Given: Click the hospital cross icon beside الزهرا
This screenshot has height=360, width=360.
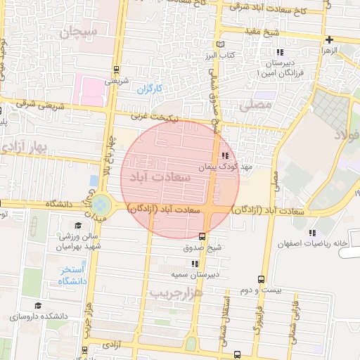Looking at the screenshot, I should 329,39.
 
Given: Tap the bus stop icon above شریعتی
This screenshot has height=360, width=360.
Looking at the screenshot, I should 115,70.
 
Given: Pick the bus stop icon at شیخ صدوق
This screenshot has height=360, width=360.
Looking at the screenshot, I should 202,236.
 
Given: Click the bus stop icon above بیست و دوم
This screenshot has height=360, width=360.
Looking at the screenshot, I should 262,279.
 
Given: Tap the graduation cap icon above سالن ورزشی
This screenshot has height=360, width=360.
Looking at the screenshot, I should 79,225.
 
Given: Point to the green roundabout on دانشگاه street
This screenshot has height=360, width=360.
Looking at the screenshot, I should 101,204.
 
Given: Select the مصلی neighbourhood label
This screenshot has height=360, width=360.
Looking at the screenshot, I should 255,105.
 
